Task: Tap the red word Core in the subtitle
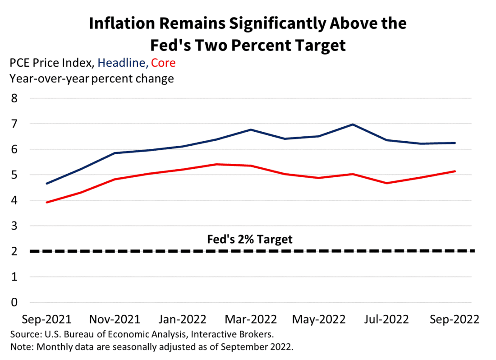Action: coord(163,63)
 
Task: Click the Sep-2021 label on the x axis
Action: coord(47,319)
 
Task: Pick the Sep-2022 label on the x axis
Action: coord(455,319)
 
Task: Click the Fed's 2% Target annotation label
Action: coord(249,239)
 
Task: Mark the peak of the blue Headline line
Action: coord(353,125)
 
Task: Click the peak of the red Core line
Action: coord(216,164)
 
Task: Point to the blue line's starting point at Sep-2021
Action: coord(47,184)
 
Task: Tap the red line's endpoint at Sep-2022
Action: coord(455,171)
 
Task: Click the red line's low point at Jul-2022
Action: coord(387,183)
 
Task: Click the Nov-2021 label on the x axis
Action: coord(115,319)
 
